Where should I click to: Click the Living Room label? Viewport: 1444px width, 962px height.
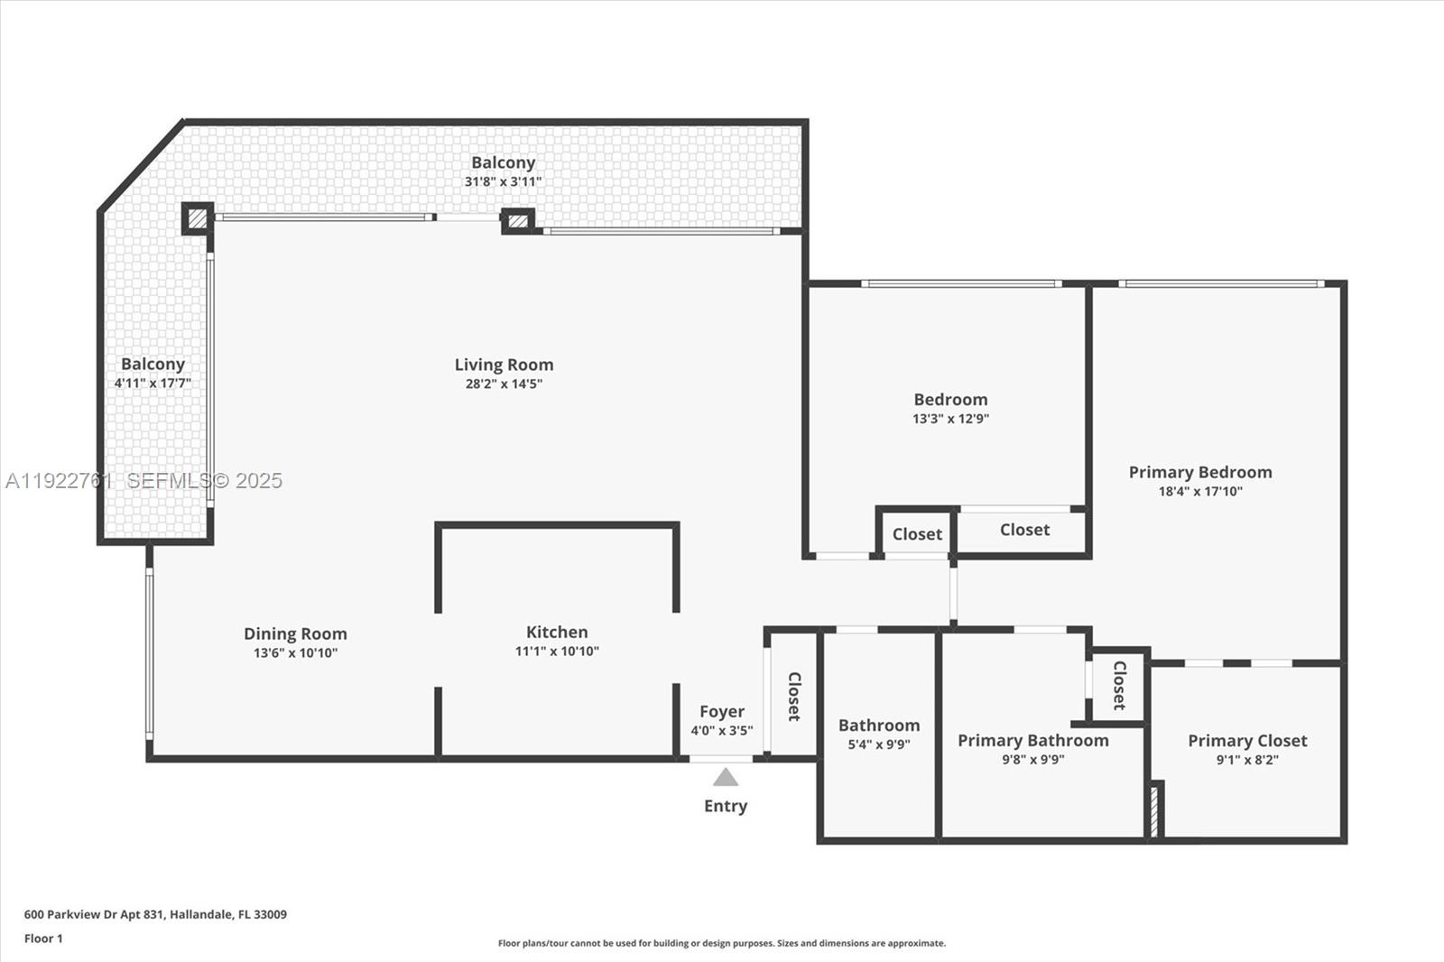click(504, 365)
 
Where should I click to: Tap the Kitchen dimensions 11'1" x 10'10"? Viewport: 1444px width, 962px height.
click(557, 652)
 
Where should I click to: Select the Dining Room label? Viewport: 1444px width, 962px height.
click(295, 634)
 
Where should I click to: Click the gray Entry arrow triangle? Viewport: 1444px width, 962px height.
click(726, 778)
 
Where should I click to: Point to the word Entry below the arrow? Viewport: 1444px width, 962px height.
click(726, 806)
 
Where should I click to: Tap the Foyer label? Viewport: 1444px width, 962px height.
click(722, 712)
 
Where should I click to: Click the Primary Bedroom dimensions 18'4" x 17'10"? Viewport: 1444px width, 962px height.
click(1200, 492)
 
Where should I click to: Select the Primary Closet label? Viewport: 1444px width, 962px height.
click(1247, 741)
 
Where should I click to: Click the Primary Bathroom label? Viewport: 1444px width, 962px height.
click(1032, 741)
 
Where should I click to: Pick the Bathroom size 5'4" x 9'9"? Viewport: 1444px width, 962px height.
click(878, 745)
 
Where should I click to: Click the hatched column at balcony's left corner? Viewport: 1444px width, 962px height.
click(197, 218)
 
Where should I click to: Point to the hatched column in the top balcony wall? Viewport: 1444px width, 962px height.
click(517, 220)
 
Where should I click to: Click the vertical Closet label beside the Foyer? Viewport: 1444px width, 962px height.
click(794, 696)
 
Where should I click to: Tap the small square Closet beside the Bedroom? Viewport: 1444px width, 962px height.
click(917, 534)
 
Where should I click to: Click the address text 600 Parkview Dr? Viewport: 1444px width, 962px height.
click(155, 914)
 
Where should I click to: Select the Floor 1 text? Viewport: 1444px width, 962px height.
click(43, 939)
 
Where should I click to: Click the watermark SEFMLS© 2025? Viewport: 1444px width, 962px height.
click(204, 481)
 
